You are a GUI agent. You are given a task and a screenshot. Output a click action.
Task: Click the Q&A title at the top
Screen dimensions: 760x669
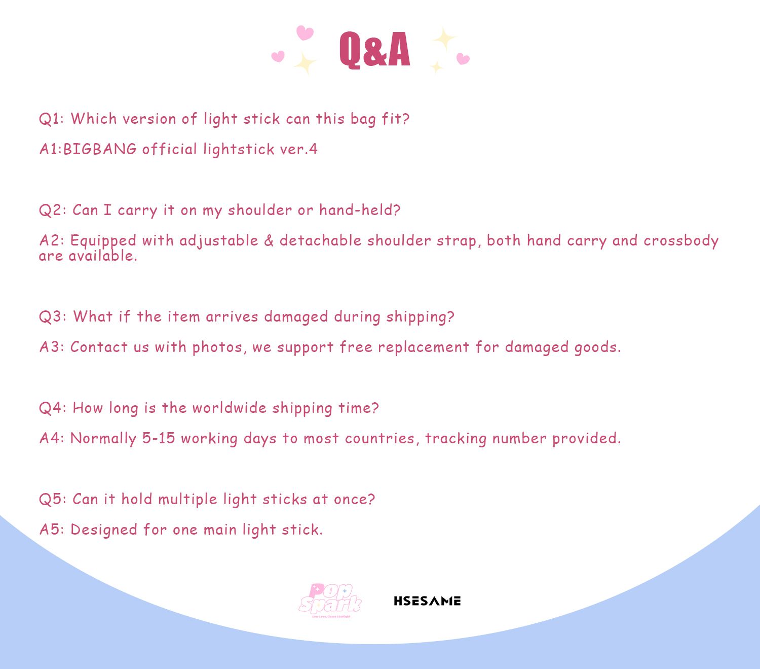pos(374,50)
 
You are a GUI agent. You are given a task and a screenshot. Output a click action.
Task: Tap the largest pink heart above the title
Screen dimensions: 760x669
pos(305,32)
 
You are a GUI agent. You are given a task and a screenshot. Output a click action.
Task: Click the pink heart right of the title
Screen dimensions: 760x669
pos(463,59)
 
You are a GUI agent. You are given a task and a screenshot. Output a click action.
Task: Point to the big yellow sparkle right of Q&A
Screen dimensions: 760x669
pos(445,39)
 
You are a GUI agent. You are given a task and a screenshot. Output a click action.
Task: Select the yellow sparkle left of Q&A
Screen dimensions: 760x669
pos(305,63)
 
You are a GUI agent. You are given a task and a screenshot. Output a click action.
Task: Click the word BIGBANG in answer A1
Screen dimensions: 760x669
pos(99,149)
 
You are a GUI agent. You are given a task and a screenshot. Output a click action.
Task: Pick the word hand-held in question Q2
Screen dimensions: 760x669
pos(359,210)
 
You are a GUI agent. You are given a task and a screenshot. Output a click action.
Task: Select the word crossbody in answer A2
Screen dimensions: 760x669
pos(681,241)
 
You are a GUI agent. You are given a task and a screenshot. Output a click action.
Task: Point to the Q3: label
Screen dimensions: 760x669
pos(53,316)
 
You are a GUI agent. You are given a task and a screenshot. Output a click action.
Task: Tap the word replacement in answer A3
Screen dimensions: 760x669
pos(424,347)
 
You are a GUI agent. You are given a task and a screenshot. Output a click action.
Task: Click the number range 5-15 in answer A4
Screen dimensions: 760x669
pos(158,438)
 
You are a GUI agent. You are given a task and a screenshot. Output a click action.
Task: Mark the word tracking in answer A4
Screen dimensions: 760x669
pos(455,439)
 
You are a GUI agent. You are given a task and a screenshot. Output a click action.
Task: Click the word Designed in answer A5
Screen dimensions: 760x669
pos(103,530)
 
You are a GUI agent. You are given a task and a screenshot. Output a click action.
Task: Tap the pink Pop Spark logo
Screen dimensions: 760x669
pos(330,600)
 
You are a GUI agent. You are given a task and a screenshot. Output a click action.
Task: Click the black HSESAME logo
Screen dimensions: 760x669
pos(427,601)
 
